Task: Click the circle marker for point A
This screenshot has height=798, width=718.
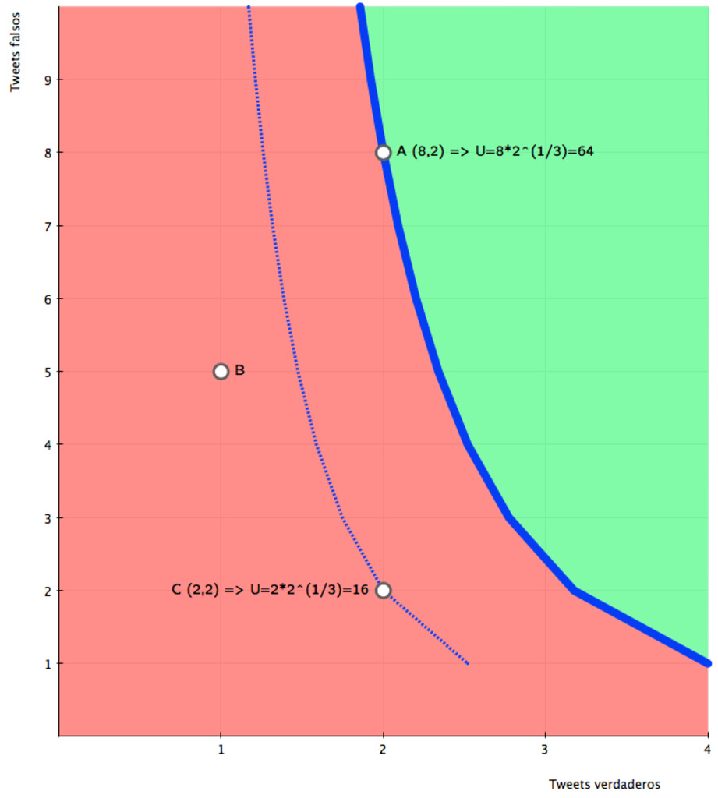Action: (383, 152)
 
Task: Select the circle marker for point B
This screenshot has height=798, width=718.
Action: (221, 371)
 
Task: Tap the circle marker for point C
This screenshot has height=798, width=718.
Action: (383, 590)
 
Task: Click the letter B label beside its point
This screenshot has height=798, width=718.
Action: (240, 370)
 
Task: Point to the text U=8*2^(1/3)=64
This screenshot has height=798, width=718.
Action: (537, 151)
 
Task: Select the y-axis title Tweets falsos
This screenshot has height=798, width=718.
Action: (16, 48)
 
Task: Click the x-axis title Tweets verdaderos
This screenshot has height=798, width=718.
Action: (605, 783)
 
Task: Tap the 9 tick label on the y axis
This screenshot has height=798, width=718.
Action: (37, 79)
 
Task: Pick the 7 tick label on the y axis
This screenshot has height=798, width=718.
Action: (37, 226)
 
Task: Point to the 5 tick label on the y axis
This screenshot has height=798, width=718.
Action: (37, 372)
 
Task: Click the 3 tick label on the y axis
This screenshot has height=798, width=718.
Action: (37, 517)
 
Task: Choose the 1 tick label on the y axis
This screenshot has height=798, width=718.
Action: (37, 664)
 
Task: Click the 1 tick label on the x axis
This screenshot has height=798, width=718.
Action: (221, 750)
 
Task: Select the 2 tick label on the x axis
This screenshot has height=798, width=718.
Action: (383, 750)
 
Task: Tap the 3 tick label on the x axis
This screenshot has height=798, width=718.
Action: (545, 750)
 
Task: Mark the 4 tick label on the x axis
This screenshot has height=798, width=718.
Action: (707, 750)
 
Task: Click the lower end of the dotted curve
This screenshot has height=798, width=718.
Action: (467, 663)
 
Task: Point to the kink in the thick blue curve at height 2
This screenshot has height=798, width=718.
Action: (575, 591)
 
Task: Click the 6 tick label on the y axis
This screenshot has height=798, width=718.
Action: (37, 298)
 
